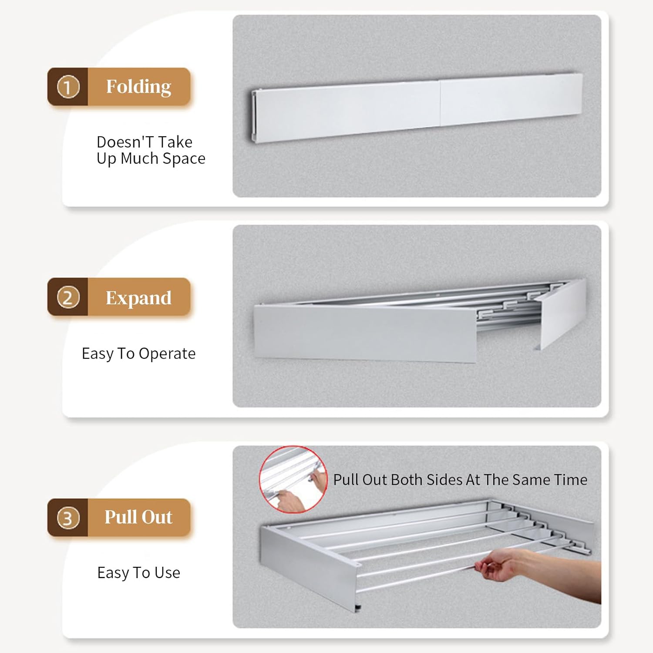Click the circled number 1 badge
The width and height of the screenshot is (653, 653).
68,87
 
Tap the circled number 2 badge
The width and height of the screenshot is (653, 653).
68,297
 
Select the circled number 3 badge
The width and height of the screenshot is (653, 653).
68,518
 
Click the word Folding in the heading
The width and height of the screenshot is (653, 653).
138,87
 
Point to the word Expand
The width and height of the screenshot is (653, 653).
138,298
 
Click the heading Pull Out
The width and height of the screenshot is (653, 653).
138,517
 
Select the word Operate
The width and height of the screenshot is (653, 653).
167,354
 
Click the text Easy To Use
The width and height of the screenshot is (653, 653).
138,573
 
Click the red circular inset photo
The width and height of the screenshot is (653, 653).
293,479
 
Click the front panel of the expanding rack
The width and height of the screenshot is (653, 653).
365,333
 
